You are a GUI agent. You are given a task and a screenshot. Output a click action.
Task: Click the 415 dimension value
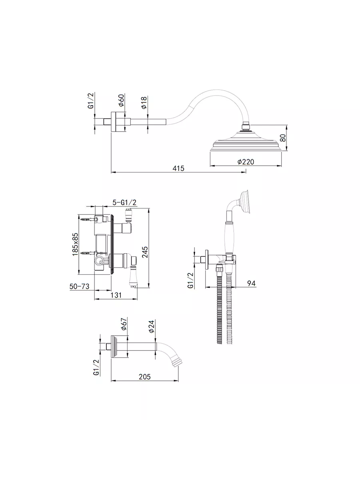click(178, 168)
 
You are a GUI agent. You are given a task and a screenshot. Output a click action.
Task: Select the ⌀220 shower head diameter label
click(246, 162)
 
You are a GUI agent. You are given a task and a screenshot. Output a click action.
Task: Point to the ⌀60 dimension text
click(122, 100)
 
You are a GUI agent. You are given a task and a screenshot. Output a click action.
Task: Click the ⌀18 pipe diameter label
click(144, 102)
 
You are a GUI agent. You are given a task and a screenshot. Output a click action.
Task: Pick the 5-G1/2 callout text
click(124, 202)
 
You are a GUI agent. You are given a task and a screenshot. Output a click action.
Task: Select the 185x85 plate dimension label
click(75, 244)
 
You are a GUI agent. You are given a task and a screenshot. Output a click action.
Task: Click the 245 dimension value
click(145, 252)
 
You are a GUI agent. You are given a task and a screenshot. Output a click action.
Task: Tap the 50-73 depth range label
click(79, 286)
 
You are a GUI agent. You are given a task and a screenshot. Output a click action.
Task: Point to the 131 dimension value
click(116, 295)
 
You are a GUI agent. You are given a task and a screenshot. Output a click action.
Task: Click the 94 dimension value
click(251, 283)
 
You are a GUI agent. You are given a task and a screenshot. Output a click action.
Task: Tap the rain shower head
click(246, 140)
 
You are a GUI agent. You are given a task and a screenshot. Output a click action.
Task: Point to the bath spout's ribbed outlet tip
click(177, 362)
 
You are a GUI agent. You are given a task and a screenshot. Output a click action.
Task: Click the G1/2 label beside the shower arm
click(91, 100)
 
